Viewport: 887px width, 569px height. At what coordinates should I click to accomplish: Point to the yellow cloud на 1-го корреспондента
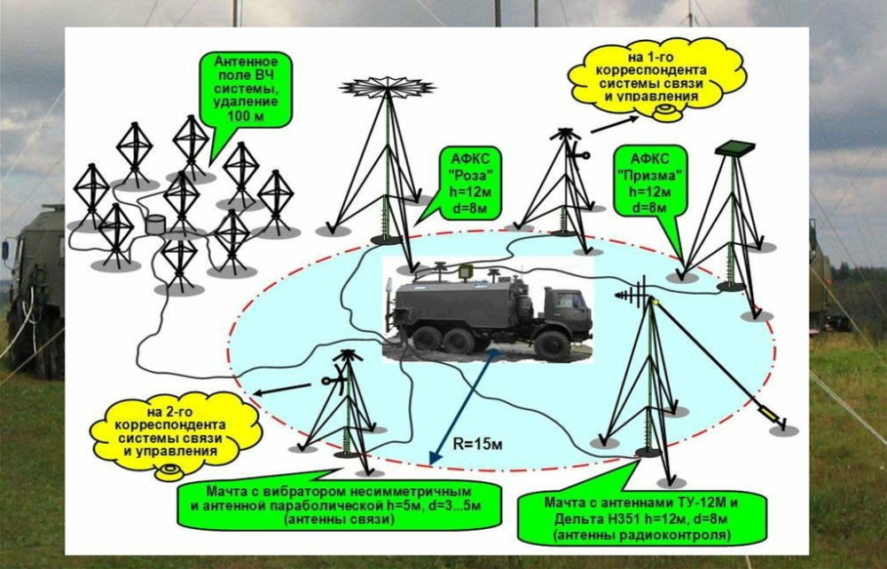pos(657,76)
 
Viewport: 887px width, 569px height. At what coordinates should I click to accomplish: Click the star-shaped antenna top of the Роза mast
pos(388,87)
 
